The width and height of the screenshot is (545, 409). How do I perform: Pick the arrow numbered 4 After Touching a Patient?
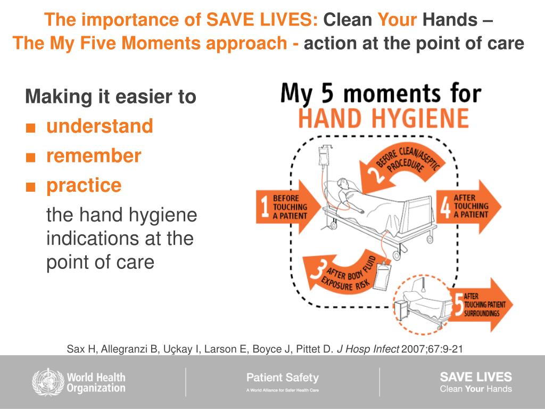468,207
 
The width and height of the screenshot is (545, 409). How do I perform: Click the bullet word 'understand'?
100,127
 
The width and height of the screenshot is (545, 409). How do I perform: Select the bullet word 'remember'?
94,156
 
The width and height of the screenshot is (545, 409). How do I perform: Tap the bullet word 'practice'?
84,185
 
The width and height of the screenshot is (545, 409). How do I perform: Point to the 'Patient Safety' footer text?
282,378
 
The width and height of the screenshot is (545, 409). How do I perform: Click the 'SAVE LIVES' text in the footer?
475,377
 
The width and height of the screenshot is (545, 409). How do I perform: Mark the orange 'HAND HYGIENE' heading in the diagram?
383,118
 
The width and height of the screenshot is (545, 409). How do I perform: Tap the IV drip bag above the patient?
323,157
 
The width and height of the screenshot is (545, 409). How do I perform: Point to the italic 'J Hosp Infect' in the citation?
368,349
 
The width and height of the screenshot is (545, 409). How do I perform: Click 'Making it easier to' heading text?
111,97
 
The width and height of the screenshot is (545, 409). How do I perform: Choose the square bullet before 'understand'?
31,128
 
